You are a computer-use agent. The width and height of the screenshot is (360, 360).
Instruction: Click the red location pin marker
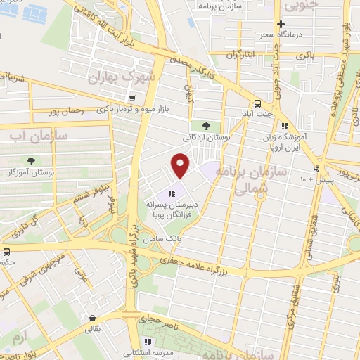pos(181,165)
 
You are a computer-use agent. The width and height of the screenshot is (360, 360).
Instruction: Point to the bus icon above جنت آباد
pos(258,101)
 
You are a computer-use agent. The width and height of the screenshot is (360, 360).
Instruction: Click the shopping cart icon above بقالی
pos(93,317)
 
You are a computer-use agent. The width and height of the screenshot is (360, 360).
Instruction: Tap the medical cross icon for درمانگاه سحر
pos(280,24)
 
